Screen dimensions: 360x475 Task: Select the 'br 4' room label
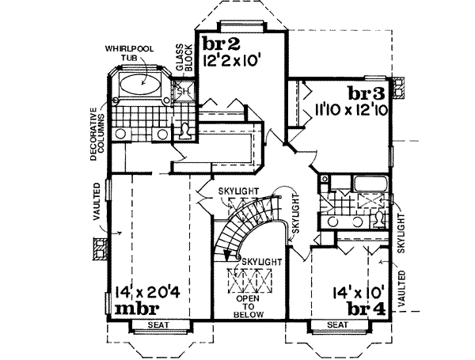[x=369, y=308]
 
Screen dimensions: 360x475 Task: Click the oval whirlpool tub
[x=139, y=85]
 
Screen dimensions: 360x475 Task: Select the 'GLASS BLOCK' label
[x=184, y=59]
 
